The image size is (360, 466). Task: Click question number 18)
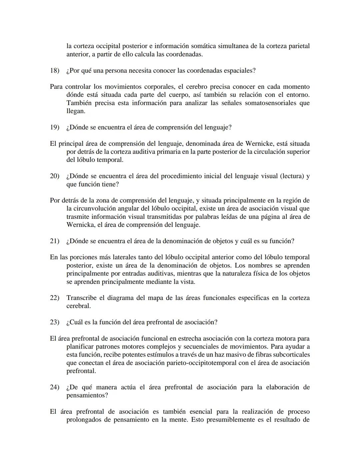(x=54, y=71)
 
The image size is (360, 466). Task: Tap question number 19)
(x=54, y=127)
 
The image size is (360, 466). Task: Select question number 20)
(x=54, y=176)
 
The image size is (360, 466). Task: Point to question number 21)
(x=54, y=241)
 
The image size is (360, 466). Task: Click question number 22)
(x=54, y=298)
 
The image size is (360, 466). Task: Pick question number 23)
(x=54, y=322)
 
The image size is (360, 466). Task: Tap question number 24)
(x=54, y=387)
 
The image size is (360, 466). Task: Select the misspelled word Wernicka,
(x=80, y=225)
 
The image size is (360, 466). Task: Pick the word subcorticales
(x=291, y=355)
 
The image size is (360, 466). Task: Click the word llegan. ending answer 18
(x=76, y=111)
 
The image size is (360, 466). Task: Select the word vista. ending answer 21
(x=187, y=282)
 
